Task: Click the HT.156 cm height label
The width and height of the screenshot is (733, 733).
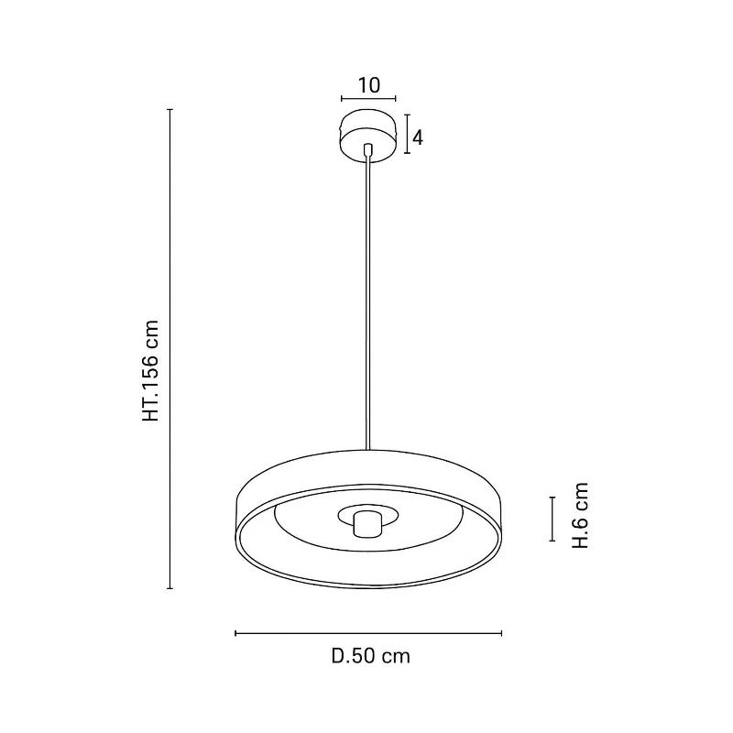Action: tap(151, 371)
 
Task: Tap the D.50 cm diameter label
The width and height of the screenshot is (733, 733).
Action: tap(371, 656)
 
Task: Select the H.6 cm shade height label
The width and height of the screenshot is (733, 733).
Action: tap(581, 516)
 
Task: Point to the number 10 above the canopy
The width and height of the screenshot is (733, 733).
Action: tap(369, 85)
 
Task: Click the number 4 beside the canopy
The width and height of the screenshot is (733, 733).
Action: tap(418, 138)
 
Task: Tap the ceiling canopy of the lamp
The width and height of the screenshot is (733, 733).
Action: tap(368, 136)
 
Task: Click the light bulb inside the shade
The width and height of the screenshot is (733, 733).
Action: tap(368, 523)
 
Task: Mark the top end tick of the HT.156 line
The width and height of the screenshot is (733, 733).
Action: tap(170, 110)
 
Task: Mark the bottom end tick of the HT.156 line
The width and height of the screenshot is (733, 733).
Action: tap(170, 588)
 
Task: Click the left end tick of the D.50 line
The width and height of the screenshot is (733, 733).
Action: tap(235, 633)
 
